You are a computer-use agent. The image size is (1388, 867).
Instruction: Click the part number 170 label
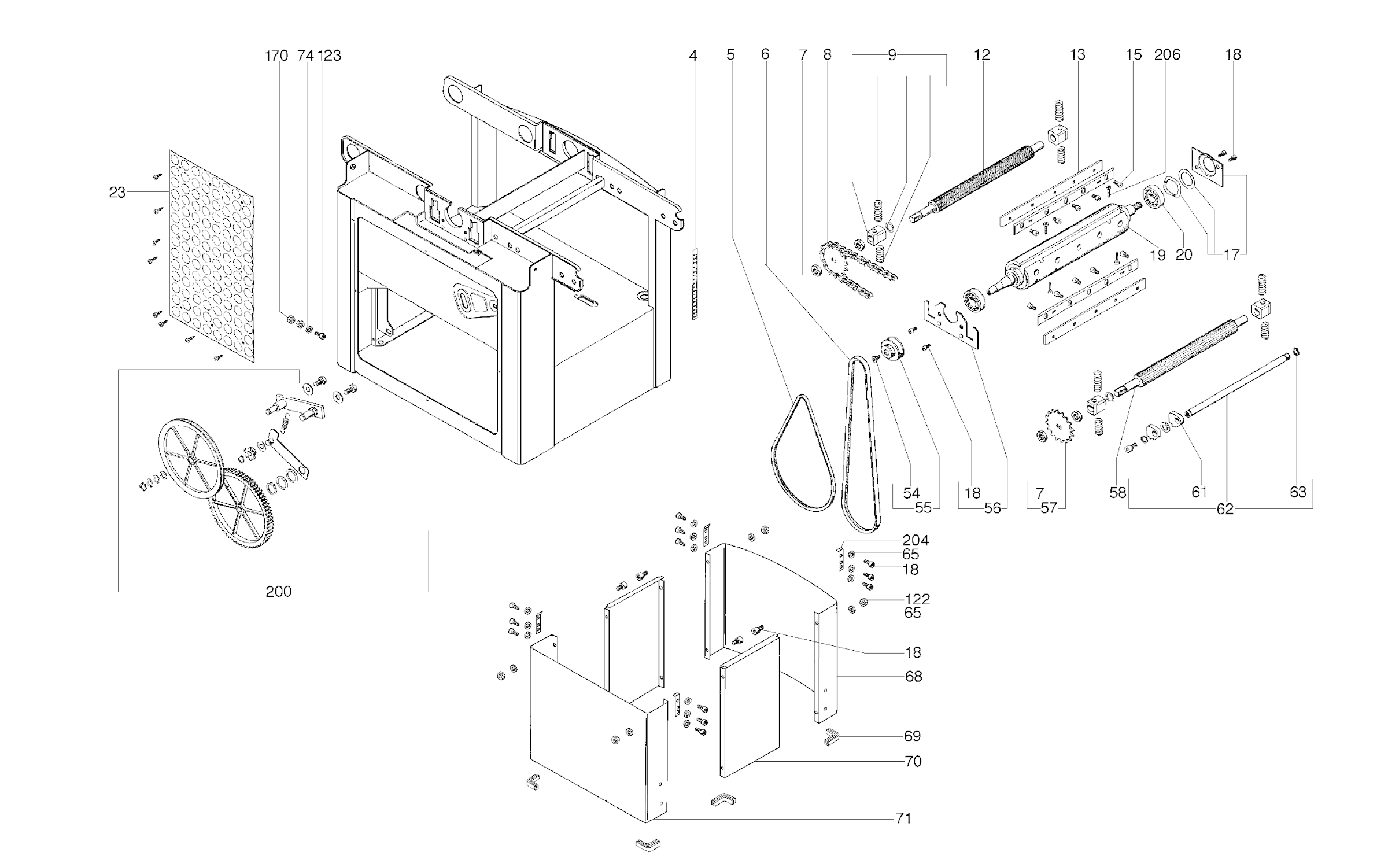pyautogui.click(x=276, y=56)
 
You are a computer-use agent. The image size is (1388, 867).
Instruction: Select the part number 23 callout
pyautogui.click(x=117, y=193)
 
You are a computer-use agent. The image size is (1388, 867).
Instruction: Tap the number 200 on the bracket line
pyautogui.click(x=278, y=592)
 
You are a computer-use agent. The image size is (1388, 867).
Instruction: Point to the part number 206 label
pyautogui.click(x=1167, y=55)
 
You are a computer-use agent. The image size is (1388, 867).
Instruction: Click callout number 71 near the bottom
pyautogui.click(x=903, y=818)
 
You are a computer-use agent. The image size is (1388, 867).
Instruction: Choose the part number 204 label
pyautogui.click(x=916, y=540)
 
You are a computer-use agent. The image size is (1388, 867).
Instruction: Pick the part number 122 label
pyautogui.click(x=917, y=599)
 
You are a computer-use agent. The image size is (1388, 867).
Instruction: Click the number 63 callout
pyautogui.click(x=1298, y=492)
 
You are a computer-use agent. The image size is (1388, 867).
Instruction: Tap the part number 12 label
pyautogui.click(x=982, y=55)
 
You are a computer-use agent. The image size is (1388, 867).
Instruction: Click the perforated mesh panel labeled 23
pyautogui.click(x=213, y=254)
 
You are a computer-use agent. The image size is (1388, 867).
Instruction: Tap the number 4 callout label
pyautogui.click(x=693, y=56)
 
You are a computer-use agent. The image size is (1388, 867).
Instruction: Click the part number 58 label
pyautogui.click(x=1118, y=492)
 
